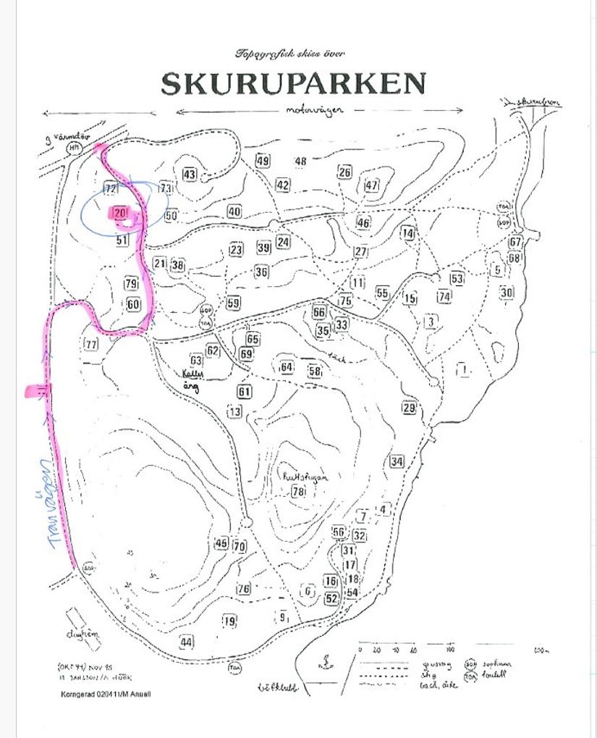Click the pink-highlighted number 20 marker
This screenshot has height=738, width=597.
point(119,213)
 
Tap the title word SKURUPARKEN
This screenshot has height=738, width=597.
point(293,84)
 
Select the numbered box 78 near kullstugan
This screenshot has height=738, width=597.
point(298,492)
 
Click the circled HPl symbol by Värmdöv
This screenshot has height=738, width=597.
point(74,147)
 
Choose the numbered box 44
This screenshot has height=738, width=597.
point(187,642)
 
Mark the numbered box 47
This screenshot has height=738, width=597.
point(372,185)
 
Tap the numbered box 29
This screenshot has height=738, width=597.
point(409,408)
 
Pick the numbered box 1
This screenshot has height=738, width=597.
point(463,369)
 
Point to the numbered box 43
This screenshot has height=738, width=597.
point(190,175)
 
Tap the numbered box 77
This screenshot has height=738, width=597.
point(91,343)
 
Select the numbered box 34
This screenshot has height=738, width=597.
point(397,461)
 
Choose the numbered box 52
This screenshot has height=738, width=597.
point(331,598)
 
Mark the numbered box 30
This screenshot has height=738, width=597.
point(507,293)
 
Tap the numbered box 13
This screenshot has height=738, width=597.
point(234,411)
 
